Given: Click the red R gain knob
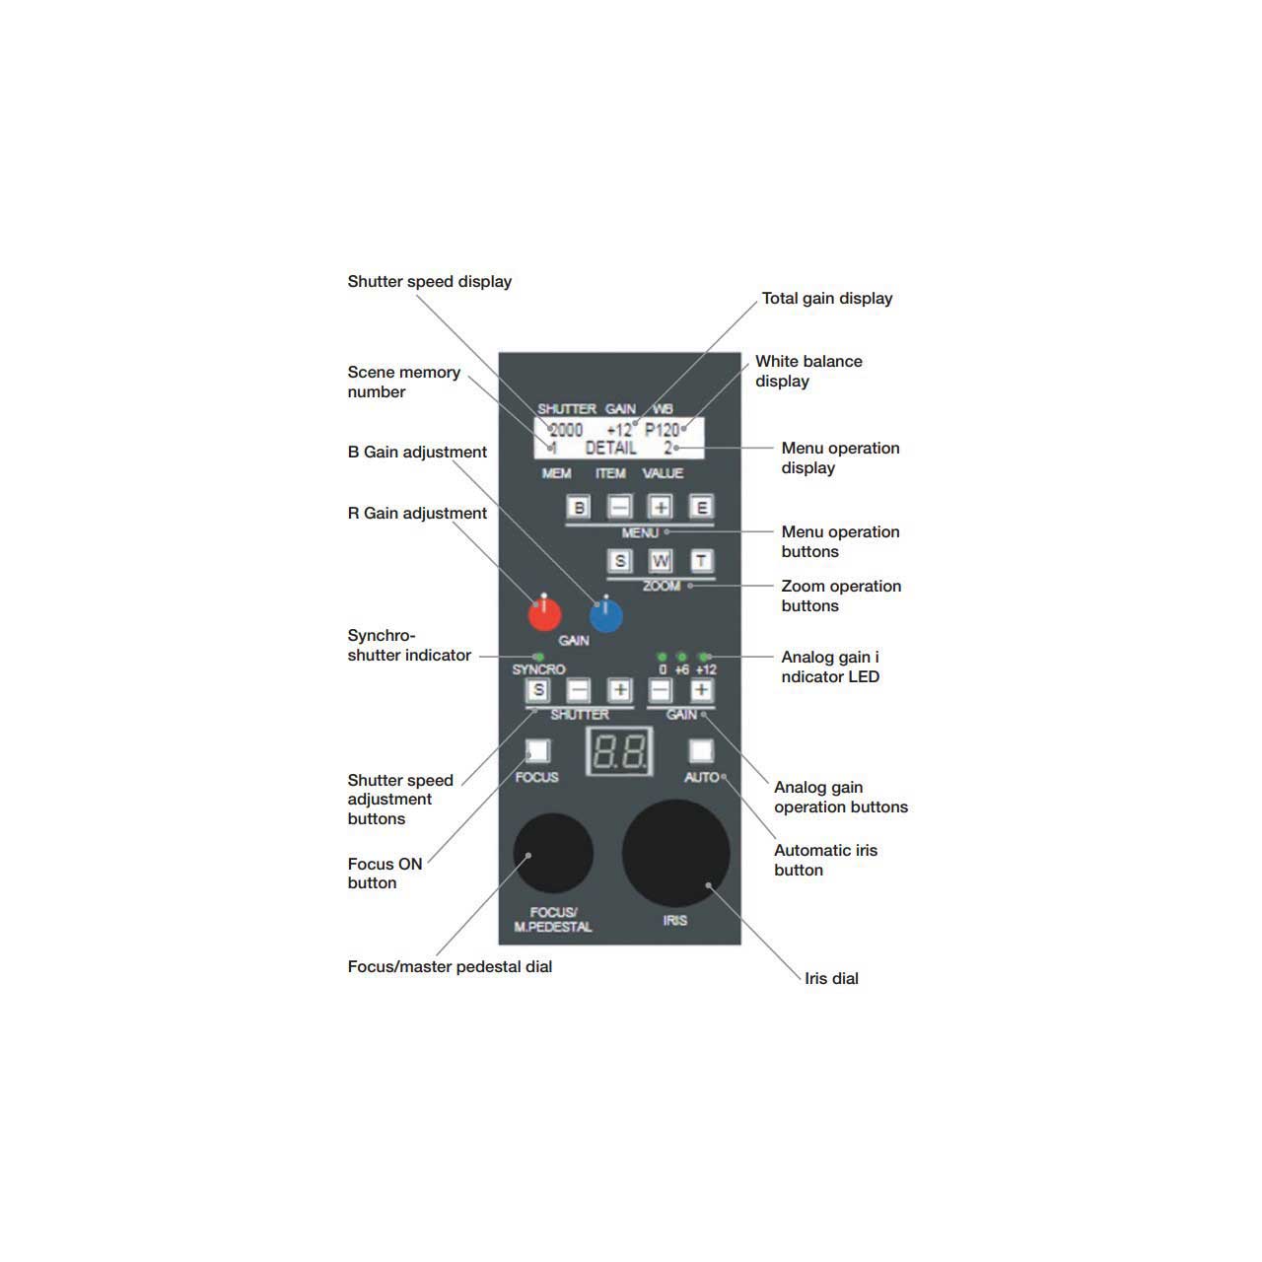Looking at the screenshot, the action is click(x=544, y=614).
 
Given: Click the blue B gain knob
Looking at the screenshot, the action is click(x=605, y=615).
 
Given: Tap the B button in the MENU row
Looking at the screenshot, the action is click(x=579, y=507).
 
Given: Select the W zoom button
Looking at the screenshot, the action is click(x=661, y=561).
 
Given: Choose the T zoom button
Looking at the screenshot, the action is click(x=701, y=561).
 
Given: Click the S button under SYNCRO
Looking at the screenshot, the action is click(x=537, y=689).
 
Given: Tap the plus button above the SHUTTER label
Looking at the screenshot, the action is click(x=619, y=689).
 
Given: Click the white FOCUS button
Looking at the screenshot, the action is click(x=537, y=750).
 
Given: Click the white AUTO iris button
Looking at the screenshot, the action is click(x=701, y=750).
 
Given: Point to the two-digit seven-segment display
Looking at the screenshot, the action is click(x=619, y=751).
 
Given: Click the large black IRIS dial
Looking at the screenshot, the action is click(x=675, y=853).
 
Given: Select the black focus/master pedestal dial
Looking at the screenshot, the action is click(x=553, y=853).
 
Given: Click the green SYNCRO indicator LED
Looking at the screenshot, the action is click(x=539, y=657).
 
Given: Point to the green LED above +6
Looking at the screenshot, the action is click(x=681, y=657).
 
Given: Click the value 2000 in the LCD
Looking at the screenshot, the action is click(x=566, y=430).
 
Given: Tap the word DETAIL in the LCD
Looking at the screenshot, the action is click(x=610, y=448).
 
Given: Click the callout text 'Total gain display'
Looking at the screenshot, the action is click(x=826, y=299).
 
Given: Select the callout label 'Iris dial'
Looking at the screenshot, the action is click(x=831, y=978).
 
